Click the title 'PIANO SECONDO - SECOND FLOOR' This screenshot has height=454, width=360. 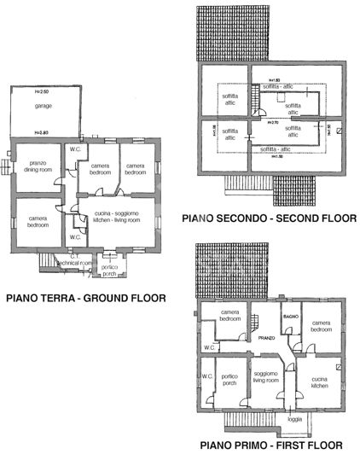[x=269, y=218]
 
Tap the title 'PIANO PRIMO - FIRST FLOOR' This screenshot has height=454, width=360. [x=271, y=445]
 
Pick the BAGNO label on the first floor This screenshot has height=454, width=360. [x=291, y=317]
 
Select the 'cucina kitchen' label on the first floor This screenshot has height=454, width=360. [x=320, y=381]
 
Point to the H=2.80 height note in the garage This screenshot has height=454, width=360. [x=40, y=131]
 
